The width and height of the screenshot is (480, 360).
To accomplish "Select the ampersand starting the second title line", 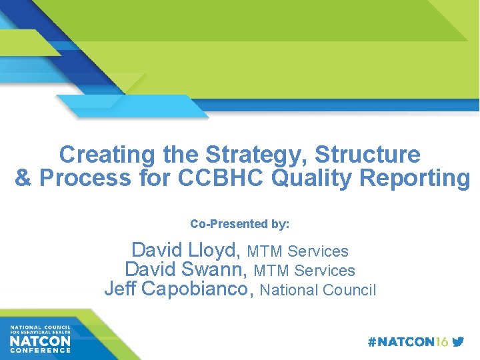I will (x=23, y=178).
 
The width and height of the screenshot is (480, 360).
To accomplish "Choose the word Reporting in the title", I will (x=413, y=178).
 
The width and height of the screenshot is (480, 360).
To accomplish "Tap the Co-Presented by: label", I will (x=240, y=224).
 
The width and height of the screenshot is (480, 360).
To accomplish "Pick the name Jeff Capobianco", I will (x=179, y=289).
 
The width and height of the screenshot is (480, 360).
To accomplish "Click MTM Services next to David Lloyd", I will (x=297, y=251).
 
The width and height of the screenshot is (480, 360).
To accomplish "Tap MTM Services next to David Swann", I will (x=305, y=271).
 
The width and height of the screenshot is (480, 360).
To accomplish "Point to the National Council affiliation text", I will (x=318, y=290).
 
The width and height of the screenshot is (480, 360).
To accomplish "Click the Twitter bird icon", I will (x=458, y=342).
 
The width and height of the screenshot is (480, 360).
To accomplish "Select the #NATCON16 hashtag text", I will (x=408, y=342).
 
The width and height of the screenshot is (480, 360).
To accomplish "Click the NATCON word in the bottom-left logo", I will (x=40, y=341).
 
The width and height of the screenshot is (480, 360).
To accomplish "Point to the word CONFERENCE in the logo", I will (x=40, y=351).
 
